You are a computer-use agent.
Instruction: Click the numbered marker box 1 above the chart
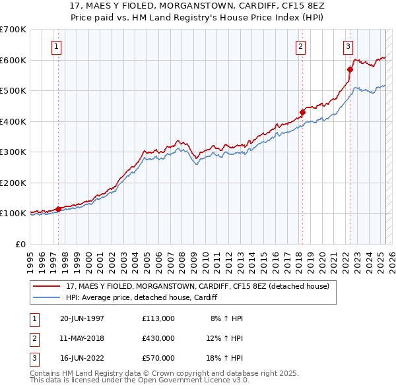(57, 47)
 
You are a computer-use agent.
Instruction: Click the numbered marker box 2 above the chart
(300, 47)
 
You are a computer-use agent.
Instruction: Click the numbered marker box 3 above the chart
(348, 47)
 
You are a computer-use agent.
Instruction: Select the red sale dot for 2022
(350, 69)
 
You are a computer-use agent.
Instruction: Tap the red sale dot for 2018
(302, 112)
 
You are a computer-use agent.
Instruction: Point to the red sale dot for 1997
(59, 209)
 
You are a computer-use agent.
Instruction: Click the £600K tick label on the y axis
(13, 60)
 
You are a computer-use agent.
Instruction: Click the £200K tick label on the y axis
(13, 183)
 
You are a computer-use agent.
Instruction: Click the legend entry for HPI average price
(141, 298)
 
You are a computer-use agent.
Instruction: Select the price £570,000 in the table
(158, 358)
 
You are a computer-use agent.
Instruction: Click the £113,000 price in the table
(158, 318)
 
